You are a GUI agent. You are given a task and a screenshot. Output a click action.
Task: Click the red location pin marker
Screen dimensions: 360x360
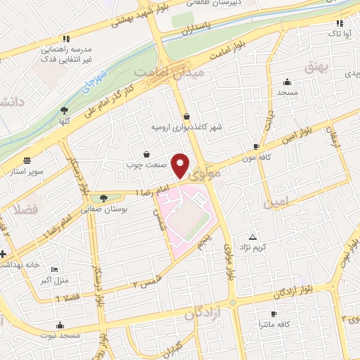click(x=181, y=165)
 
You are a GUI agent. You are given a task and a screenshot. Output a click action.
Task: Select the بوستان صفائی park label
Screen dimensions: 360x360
click(x=105, y=210)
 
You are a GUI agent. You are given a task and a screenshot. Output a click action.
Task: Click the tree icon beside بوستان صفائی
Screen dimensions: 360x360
click(x=105, y=198)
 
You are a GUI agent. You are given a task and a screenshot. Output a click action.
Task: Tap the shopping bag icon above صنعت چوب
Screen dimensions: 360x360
click(x=146, y=154)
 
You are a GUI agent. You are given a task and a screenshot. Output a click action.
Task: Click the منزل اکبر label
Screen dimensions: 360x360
click(x=56, y=281)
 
